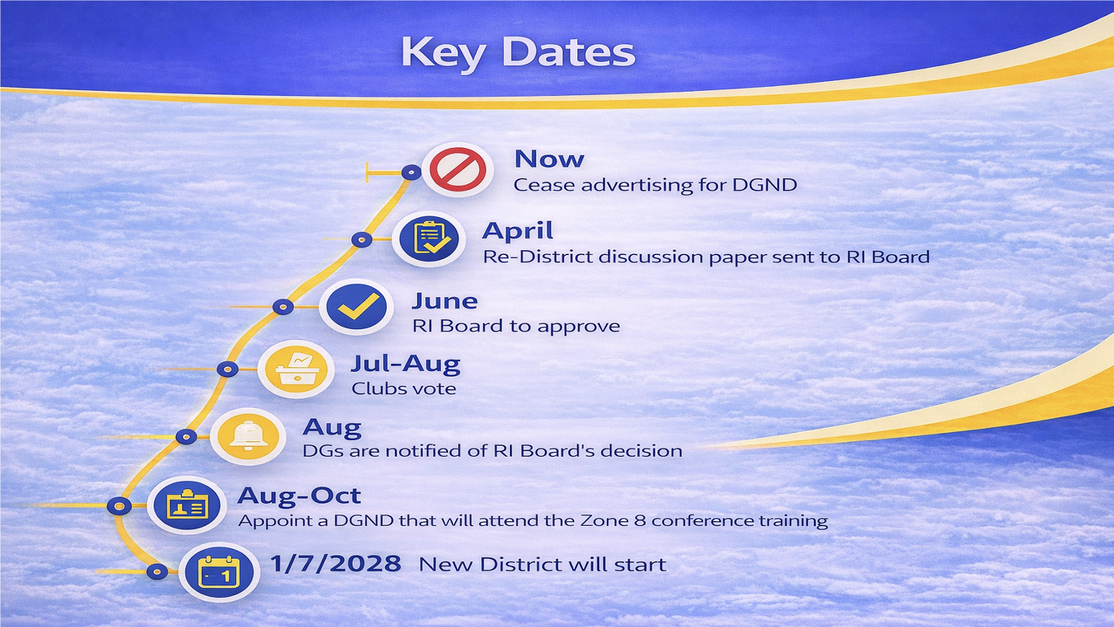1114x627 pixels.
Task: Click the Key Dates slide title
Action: click(518, 53)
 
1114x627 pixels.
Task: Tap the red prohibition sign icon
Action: click(457, 170)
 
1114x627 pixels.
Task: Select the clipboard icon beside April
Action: click(429, 240)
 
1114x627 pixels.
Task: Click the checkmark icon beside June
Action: click(356, 306)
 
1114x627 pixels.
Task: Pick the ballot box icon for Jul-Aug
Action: click(297, 369)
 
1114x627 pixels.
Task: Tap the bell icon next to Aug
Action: click(248, 436)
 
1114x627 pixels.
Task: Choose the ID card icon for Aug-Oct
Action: click(187, 505)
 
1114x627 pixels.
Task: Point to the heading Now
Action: click(549, 159)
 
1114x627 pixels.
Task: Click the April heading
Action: click(517, 231)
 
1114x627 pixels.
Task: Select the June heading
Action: click(445, 301)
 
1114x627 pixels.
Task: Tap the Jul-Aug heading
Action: click(405, 364)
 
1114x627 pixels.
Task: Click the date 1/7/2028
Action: click(336, 564)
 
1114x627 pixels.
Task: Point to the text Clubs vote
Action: click(403, 389)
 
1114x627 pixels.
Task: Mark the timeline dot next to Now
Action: click(411, 173)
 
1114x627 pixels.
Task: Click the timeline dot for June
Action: click(283, 307)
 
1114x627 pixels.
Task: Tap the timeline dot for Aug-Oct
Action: click(120, 506)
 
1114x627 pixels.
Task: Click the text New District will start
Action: click(543, 565)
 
